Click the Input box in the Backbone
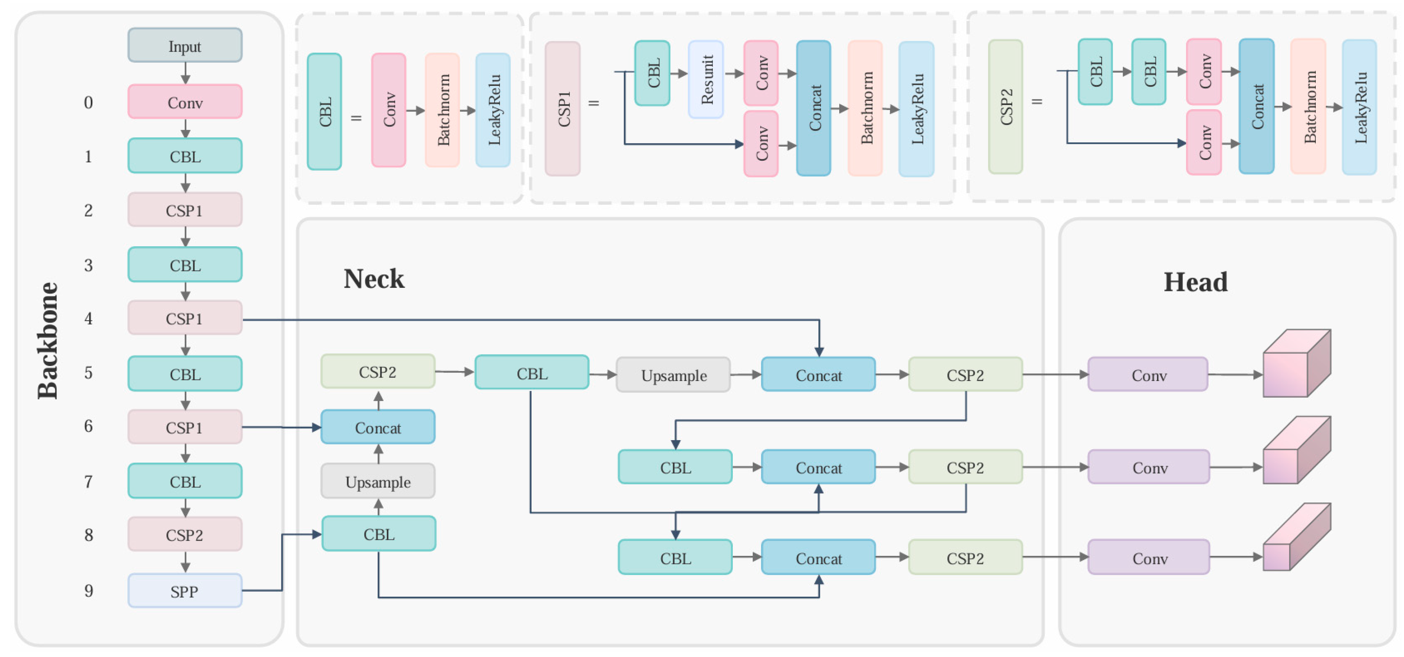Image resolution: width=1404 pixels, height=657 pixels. point(185,46)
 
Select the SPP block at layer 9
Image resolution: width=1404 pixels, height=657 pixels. point(185,591)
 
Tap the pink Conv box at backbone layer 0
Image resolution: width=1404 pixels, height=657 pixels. point(185,102)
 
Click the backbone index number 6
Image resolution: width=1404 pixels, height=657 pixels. point(88,426)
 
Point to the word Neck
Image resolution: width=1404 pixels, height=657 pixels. point(374,279)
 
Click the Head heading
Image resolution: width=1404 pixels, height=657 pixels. point(1195,282)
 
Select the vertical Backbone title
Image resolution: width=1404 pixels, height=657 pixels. point(48,341)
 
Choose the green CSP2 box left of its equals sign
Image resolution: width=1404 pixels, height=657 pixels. point(1006,107)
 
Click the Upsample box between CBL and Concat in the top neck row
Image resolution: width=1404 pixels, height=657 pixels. point(673,375)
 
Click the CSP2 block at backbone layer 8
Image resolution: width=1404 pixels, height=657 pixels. point(185,535)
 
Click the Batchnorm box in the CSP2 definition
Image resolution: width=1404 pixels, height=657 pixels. point(1309,107)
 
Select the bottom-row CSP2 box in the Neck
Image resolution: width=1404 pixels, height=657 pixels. point(965,558)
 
